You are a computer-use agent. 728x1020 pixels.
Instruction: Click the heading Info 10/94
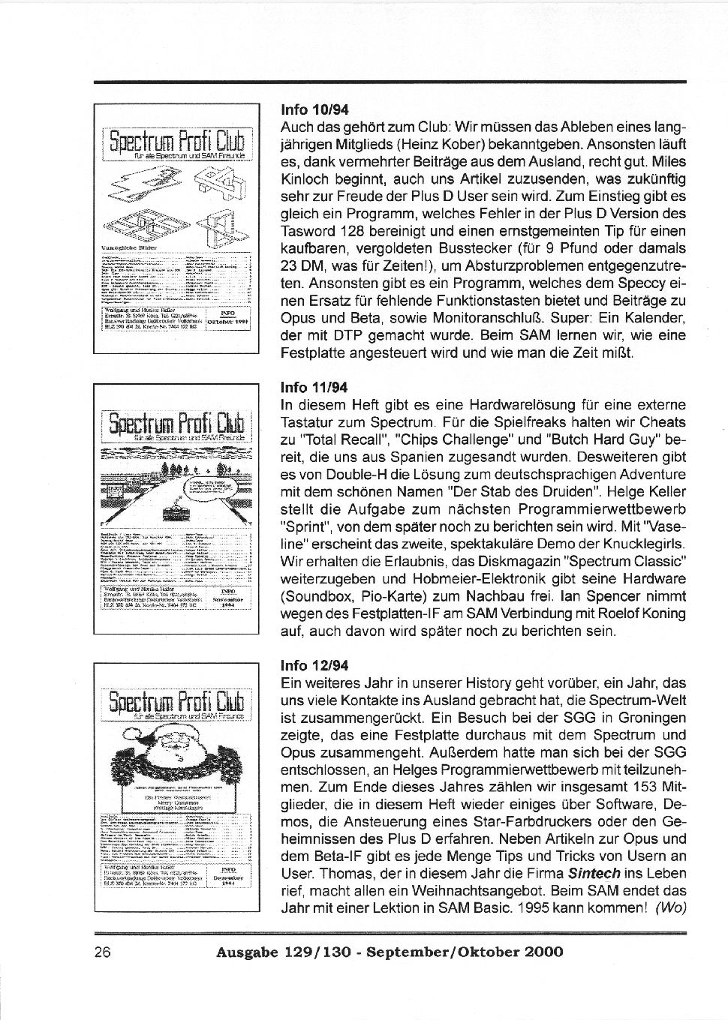[314, 109]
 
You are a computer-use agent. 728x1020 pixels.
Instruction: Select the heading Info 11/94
[314, 388]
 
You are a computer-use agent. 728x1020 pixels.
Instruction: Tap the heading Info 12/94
[314, 666]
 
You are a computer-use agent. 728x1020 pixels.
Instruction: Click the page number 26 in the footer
[102, 953]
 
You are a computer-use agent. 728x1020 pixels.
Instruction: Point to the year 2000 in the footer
[543, 953]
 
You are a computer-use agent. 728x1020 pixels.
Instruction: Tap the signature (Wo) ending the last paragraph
[671, 908]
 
